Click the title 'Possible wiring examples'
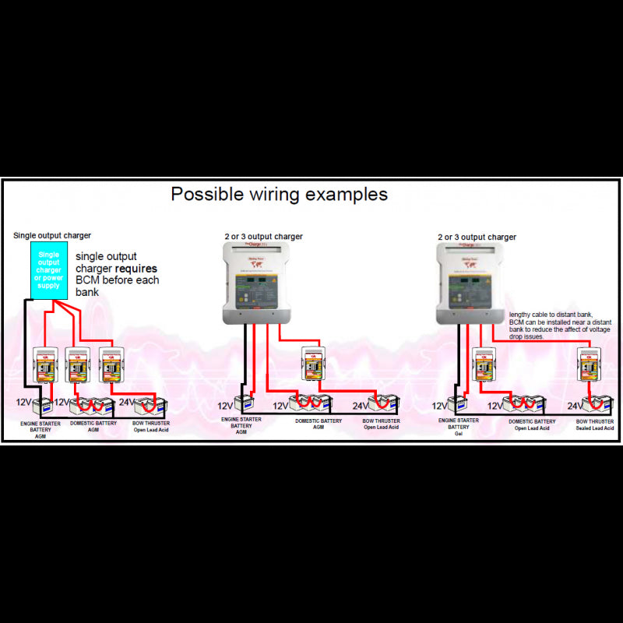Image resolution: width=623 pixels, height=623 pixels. (279, 194)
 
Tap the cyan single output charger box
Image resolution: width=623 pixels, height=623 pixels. (49, 269)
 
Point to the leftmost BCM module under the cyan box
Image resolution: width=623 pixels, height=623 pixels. (44, 365)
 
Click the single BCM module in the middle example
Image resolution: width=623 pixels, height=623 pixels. (313, 364)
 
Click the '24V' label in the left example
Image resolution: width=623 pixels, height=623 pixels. (125, 403)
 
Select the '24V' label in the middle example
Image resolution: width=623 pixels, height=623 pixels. (361, 406)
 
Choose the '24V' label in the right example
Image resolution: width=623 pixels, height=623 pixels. (575, 406)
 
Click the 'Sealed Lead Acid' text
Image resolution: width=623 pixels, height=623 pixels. (596, 428)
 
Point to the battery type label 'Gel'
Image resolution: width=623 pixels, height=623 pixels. (459, 434)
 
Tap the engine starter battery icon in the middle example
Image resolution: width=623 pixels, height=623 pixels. (244, 404)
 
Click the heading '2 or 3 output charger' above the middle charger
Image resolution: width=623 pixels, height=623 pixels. (264, 237)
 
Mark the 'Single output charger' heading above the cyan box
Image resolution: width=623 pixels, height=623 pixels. (52, 235)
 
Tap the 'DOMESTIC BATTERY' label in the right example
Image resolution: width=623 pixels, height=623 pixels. (533, 421)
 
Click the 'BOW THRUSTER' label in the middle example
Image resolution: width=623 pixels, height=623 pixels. (382, 421)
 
